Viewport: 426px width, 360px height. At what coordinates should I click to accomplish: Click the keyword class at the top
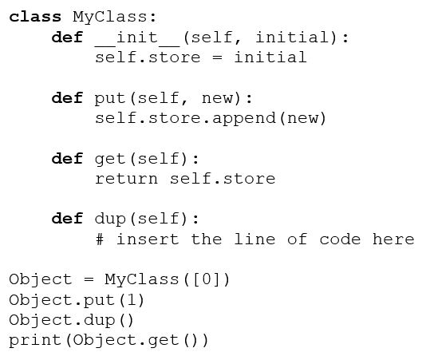[35, 17]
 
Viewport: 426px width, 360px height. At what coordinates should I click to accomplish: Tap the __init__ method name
[137, 38]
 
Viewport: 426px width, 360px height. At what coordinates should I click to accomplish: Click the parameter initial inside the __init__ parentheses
[292, 37]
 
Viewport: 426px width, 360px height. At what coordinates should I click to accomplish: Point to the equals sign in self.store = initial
[217, 57]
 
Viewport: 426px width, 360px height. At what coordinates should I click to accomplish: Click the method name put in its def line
[110, 99]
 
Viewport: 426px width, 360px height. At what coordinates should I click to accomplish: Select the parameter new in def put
[217, 98]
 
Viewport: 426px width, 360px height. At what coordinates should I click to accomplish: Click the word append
[243, 119]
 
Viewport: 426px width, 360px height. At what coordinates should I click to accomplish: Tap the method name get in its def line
[110, 160]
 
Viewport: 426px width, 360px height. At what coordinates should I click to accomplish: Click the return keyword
[126, 179]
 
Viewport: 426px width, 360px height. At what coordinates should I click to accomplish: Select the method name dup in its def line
[110, 220]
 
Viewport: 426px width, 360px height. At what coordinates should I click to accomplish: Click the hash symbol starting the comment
[100, 239]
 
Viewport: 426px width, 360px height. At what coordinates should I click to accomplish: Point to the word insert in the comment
[148, 239]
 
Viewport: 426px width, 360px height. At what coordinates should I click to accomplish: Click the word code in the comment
[340, 239]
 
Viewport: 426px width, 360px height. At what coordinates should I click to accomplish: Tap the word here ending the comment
[393, 239]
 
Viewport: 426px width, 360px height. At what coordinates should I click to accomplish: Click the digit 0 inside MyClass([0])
[207, 279]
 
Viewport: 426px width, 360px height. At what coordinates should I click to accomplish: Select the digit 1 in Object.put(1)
[132, 300]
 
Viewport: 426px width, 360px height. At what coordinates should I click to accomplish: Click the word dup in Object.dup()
[100, 321]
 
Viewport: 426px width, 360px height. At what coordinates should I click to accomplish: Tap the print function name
[35, 341]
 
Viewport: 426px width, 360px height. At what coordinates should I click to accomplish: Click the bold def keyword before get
[67, 159]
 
